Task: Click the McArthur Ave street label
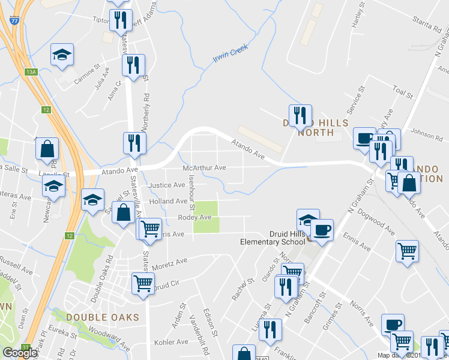pos(205,168)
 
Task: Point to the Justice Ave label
pos(164,185)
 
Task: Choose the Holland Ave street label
pos(170,201)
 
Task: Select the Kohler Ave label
pos(171,343)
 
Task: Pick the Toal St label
pos(402,92)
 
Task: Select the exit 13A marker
pos(31,72)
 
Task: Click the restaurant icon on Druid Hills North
pos(299,115)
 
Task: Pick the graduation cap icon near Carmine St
pos(62,55)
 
